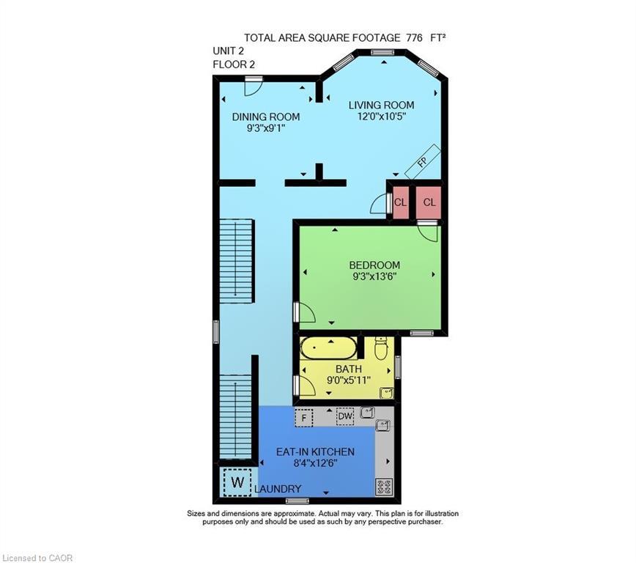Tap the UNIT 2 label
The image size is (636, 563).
pyautogui.click(x=228, y=51)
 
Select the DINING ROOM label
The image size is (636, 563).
pyautogui.click(x=265, y=117)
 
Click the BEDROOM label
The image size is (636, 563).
pyautogui.click(x=374, y=265)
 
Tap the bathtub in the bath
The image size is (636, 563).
pyautogui.click(x=329, y=348)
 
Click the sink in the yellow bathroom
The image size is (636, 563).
pyautogui.click(x=385, y=393)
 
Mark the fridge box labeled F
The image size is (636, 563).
pyautogui.click(x=304, y=417)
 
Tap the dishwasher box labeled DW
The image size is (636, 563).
pyautogui.click(x=345, y=416)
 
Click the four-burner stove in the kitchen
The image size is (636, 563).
pyautogui.click(x=384, y=485)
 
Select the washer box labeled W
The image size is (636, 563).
pyautogui.click(x=236, y=482)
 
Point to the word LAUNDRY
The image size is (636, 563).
pyautogui.click(x=278, y=489)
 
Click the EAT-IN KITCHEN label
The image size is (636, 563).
pyautogui.click(x=315, y=452)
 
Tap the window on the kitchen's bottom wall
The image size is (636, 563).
pyautogui.click(x=297, y=501)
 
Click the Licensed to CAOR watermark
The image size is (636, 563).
pyautogui.click(x=37, y=558)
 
